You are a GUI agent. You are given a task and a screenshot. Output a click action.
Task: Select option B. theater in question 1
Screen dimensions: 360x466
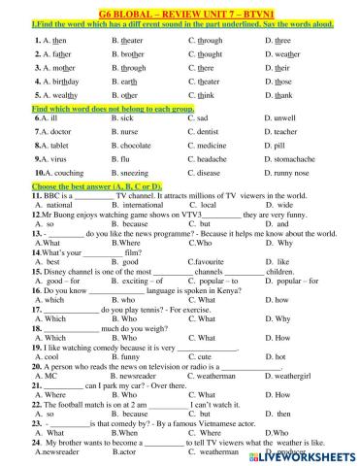tap(131, 41)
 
